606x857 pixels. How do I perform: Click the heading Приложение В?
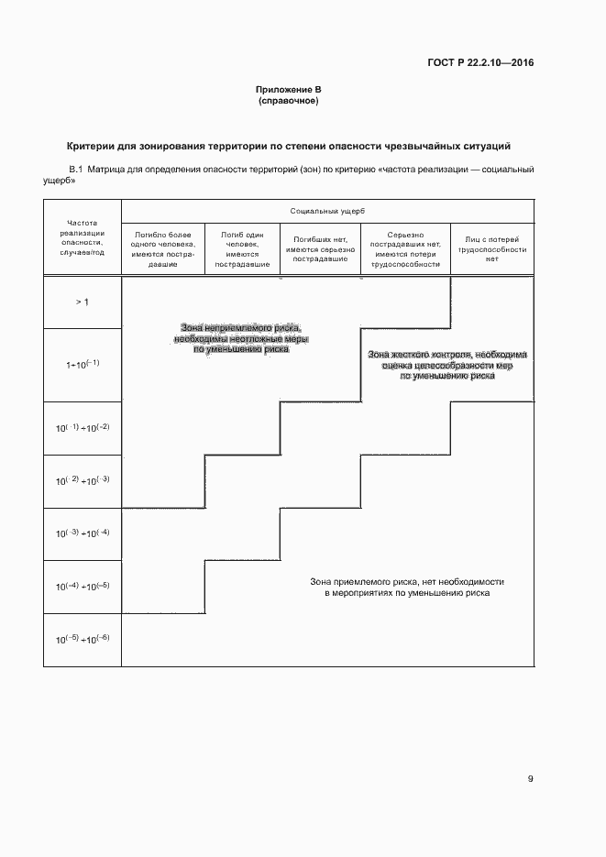pyautogui.click(x=289, y=90)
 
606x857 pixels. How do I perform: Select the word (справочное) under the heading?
pyautogui.click(x=289, y=101)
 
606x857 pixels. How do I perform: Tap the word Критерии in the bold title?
pyautogui.click(x=95, y=147)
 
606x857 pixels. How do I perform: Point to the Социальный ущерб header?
pyautogui.click(x=327, y=211)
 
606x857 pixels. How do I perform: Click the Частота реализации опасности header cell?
pyautogui.click(x=82, y=237)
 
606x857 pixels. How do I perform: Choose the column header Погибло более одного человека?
pyautogui.click(x=163, y=248)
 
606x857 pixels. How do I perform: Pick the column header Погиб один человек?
pyautogui.click(x=242, y=248)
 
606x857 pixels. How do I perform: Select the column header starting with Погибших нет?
pyautogui.click(x=320, y=248)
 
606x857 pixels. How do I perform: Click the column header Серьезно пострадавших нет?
pyautogui.click(x=403, y=248)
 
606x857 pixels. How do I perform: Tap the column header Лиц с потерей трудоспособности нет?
pyautogui.click(x=491, y=248)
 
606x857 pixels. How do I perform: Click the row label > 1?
pyautogui.click(x=82, y=302)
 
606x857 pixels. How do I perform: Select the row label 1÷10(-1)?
pyautogui.click(x=82, y=364)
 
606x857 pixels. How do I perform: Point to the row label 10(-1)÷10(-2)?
pyautogui.click(x=82, y=428)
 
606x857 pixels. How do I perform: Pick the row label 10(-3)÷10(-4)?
pyautogui.click(x=82, y=533)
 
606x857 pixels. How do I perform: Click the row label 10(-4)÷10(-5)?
pyautogui.click(x=82, y=586)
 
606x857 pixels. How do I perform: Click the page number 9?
pyautogui.click(x=531, y=779)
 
